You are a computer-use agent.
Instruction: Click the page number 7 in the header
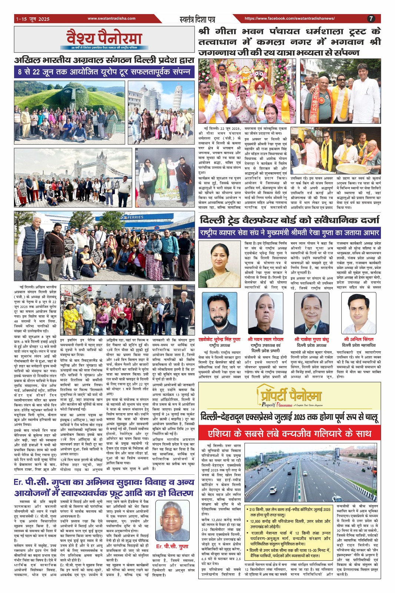pyautogui.click(x=371, y=19)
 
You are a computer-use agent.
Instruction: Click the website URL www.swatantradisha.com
pyautogui.click(x=112, y=19)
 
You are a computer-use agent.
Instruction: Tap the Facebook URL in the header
pyautogui.click(x=289, y=19)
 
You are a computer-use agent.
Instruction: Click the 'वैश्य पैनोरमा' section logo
pyautogui.click(x=104, y=39)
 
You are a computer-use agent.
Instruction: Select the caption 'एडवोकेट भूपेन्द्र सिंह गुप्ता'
pyautogui.click(x=219, y=339)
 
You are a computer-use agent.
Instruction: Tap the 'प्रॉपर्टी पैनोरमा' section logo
pyautogui.click(x=289, y=396)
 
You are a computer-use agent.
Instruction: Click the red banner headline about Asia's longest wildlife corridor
pyautogui.click(x=289, y=433)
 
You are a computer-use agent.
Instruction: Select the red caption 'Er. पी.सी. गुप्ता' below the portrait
pyautogui.click(x=172, y=546)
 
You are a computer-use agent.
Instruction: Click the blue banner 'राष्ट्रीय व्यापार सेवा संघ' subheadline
pyautogui.click(x=289, y=233)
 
